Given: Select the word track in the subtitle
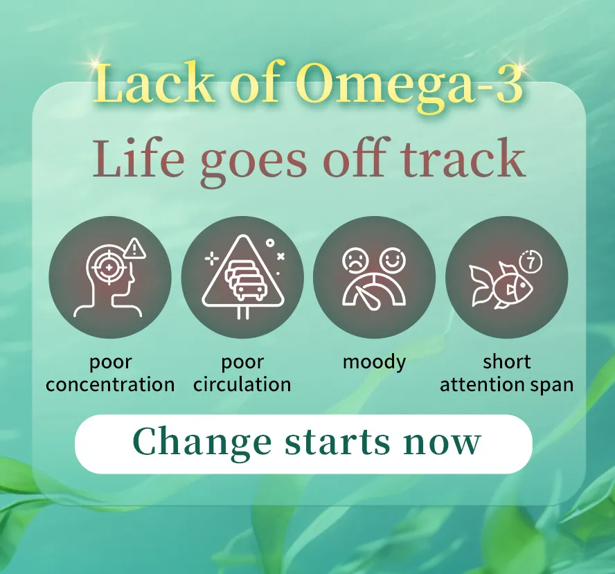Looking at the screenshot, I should pos(462,159).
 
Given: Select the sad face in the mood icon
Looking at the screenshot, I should pos(355,261).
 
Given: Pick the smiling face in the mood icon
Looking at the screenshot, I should pos(393,260).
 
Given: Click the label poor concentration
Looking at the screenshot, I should pos(110,373).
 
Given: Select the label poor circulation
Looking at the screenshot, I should pos(242,373).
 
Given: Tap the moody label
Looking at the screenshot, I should pos(374,362).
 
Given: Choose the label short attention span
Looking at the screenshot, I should pos(506,373).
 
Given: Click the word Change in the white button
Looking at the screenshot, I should pos(202,442).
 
